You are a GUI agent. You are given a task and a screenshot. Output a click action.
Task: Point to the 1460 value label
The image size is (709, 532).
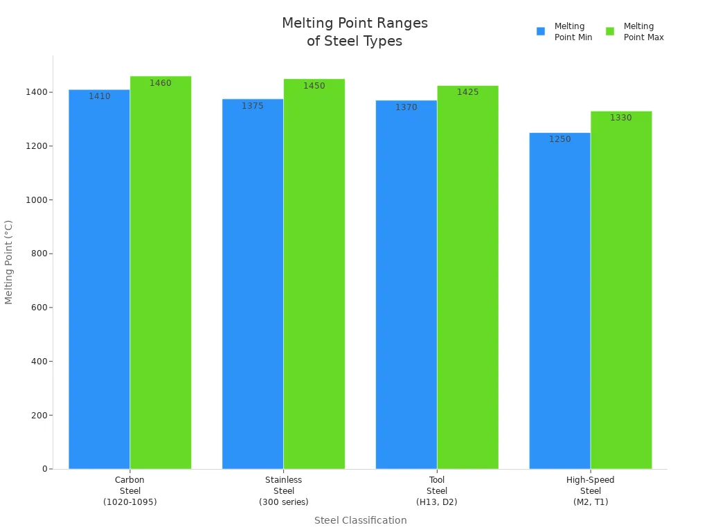(x=161, y=83)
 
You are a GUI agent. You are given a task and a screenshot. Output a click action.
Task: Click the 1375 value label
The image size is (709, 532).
(x=253, y=106)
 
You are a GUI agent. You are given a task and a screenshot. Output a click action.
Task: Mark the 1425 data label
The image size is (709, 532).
(x=467, y=92)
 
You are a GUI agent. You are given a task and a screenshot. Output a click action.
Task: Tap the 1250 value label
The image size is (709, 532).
(x=559, y=139)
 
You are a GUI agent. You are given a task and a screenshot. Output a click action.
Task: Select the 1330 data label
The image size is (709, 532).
(x=621, y=118)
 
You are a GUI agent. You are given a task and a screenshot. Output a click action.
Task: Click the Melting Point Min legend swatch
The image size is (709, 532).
(x=541, y=31)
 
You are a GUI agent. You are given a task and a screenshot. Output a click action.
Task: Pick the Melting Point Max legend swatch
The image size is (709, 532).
(x=610, y=31)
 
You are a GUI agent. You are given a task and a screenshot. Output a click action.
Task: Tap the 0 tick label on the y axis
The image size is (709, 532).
(x=44, y=469)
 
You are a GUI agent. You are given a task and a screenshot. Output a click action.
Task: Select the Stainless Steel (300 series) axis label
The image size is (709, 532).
(x=284, y=490)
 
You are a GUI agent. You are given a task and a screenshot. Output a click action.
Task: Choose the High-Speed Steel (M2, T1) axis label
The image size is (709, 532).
(x=591, y=490)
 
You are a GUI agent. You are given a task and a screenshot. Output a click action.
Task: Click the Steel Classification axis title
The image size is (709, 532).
(x=360, y=520)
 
